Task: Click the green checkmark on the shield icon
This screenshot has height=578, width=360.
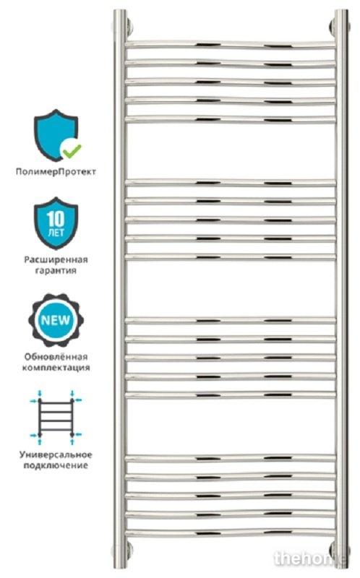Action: pos(72,150)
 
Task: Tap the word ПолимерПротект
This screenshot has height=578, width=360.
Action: pos(56,172)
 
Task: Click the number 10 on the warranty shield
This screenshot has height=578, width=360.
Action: pos(56,220)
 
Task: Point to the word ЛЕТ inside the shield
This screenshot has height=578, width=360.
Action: pos(56,233)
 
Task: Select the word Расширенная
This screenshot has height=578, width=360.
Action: pos(56,260)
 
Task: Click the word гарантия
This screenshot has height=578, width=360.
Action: pos(56,271)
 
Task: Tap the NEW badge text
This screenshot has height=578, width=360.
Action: pos(56,320)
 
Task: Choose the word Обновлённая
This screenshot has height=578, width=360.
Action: pos(56,357)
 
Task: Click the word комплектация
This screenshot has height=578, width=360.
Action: pos(56,368)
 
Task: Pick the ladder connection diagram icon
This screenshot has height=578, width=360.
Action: pos(56,418)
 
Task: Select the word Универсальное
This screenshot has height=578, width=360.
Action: pos(56,455)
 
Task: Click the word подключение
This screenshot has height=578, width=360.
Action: pos(56,465)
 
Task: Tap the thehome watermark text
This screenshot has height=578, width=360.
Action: pos(310,559)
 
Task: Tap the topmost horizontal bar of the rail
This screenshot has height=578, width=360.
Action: pos(231,45)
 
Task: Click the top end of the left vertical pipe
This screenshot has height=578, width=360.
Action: pos(119,11)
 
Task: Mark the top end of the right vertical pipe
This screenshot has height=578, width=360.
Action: pos(341,11)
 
